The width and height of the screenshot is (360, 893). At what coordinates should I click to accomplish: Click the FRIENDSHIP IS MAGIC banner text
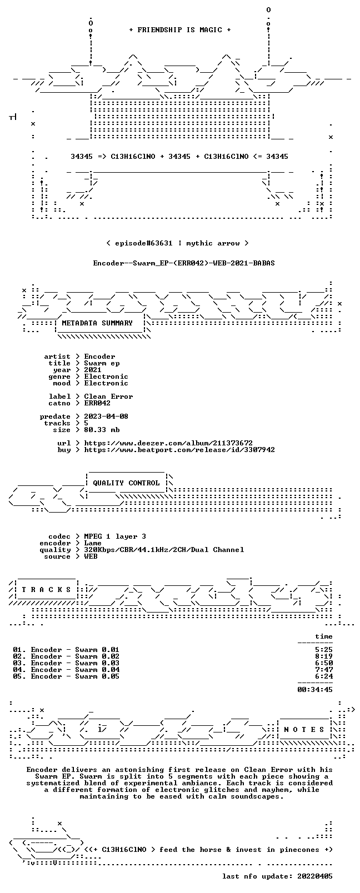[x=180, y=30]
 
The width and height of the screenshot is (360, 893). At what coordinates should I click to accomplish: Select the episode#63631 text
[x=143, y=243]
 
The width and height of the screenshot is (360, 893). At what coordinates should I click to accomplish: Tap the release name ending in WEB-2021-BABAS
[x=184, y=263]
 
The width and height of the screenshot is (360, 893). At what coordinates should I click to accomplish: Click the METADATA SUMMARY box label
[x=97, y=323]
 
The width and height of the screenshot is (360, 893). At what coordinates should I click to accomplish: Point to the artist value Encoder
[x=99, y=357]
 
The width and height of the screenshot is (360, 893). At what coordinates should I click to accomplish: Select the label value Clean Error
[x=108, y=397]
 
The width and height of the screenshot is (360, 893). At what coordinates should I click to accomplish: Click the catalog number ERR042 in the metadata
[x=97, y=403]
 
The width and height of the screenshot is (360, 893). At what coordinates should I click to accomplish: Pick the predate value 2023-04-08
[x=106, y=416]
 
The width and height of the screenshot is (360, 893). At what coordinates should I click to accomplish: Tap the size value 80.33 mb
[x=102, y=430]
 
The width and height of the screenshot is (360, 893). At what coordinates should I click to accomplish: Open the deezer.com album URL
[x=168, y=443]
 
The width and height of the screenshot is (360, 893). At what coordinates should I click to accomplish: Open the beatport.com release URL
[x=179, y=450]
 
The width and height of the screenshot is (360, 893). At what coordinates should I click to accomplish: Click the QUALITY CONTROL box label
[x=126, y=483]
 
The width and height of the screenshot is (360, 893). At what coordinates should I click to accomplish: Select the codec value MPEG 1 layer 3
[x=115, y=536]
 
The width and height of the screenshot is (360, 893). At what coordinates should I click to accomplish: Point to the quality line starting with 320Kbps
[x=164, y=550]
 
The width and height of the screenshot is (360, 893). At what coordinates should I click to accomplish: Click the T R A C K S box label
[x=46, y=590]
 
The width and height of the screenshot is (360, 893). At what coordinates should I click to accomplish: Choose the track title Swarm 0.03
[x=97, y=663]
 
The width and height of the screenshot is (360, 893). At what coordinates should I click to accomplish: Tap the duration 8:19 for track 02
[x=324, y=656]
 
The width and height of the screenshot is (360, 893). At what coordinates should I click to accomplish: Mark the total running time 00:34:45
[x=315, y=689]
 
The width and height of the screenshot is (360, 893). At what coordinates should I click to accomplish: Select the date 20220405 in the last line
[x=315, y=876]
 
